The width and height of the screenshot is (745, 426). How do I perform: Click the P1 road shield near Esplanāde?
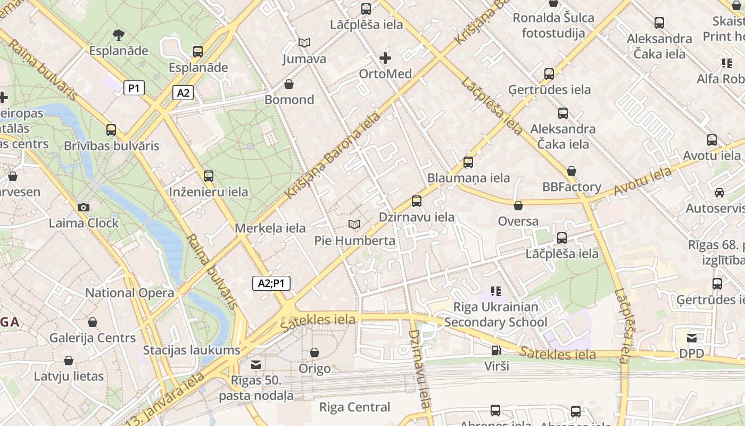pos(134,88)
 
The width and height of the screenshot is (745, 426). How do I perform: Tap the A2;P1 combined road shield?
pos(271,283)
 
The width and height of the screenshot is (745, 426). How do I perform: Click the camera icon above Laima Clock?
pos(83,207)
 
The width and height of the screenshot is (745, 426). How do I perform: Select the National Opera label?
pos(129,293)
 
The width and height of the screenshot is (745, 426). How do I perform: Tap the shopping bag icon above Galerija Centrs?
pos(93,322)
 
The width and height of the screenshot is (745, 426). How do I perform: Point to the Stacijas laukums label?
pos(192,350)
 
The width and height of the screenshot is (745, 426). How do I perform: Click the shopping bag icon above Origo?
pos(314,353)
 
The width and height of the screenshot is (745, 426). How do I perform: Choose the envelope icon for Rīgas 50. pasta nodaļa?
pos(256,364)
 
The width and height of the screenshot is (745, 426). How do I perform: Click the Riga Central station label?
pos(354,407)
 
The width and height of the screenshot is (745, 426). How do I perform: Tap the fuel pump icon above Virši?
pos(496,350)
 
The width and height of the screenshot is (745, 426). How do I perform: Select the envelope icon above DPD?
pos(692,338)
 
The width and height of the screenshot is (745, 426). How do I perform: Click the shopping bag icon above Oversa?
pos(518,205)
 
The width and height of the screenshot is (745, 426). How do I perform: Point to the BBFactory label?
pos(572,187)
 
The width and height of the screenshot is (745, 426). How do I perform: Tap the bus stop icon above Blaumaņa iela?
pos(468,162)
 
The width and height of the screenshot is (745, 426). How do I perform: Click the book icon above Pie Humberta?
pos(354,225)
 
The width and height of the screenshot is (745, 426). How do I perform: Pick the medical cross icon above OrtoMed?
pos(385,58)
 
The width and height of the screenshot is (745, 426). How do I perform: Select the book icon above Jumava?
pos(304,43)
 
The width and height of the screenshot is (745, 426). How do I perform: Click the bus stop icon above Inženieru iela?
pos(209,176)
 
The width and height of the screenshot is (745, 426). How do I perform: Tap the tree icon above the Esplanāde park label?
pos(119,35)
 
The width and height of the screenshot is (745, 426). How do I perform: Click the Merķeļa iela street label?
pos(270,228)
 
